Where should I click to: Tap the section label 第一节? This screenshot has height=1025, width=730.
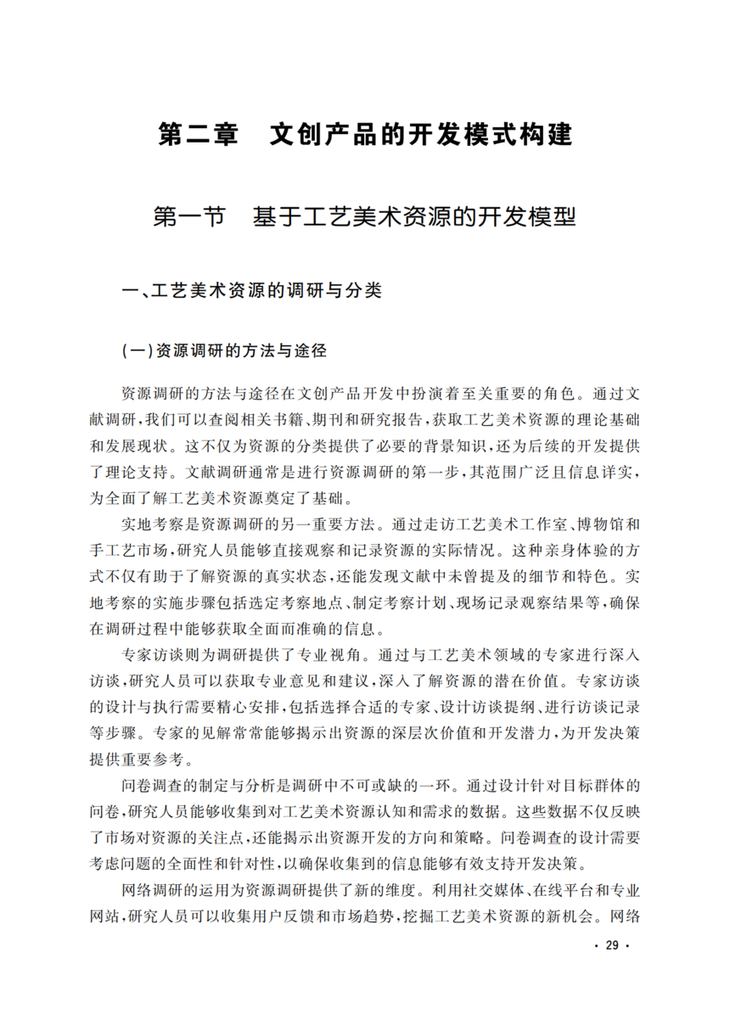click(x=188, y=217)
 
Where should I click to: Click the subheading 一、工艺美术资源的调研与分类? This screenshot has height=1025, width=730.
click(x=252, y=291)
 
